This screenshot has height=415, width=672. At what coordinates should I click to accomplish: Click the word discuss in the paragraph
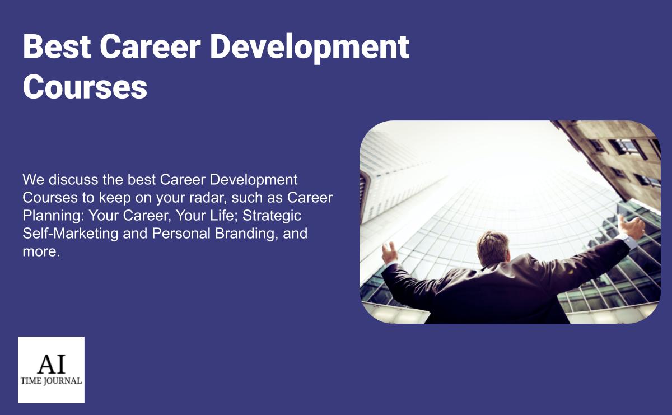pos(74,180)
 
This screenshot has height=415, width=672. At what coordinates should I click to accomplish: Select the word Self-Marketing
pos(71,234)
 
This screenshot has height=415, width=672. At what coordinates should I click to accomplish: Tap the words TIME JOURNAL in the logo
pos(51,381)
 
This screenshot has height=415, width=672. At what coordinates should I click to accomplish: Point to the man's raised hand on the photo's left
pos(389,253)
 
